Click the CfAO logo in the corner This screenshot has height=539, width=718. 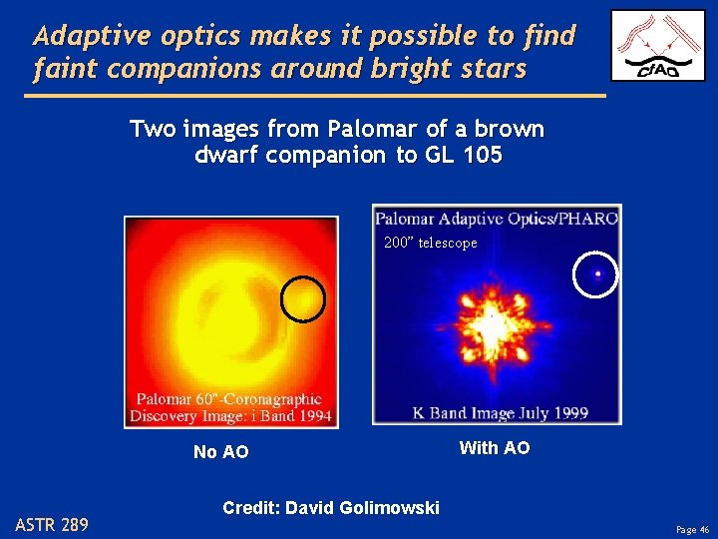point(657,46)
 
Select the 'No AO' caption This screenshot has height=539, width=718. point(220,452)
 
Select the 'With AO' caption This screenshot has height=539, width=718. point(494,448)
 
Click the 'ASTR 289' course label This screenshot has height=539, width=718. point(52,524)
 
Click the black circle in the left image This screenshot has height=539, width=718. point(302,297)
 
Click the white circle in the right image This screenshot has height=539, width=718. point(596,273)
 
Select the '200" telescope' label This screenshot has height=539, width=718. point(430,243)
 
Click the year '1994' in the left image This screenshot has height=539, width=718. point(310,415)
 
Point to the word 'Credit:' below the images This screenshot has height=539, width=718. point(251,508)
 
